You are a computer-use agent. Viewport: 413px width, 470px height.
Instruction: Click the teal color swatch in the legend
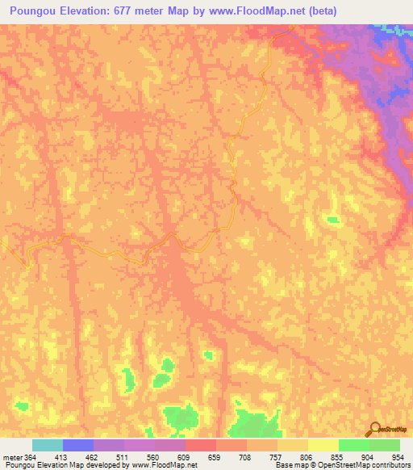47,446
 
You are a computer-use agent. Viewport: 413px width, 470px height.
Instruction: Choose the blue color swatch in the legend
77,446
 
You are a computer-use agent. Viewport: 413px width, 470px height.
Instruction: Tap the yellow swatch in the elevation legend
323,446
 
